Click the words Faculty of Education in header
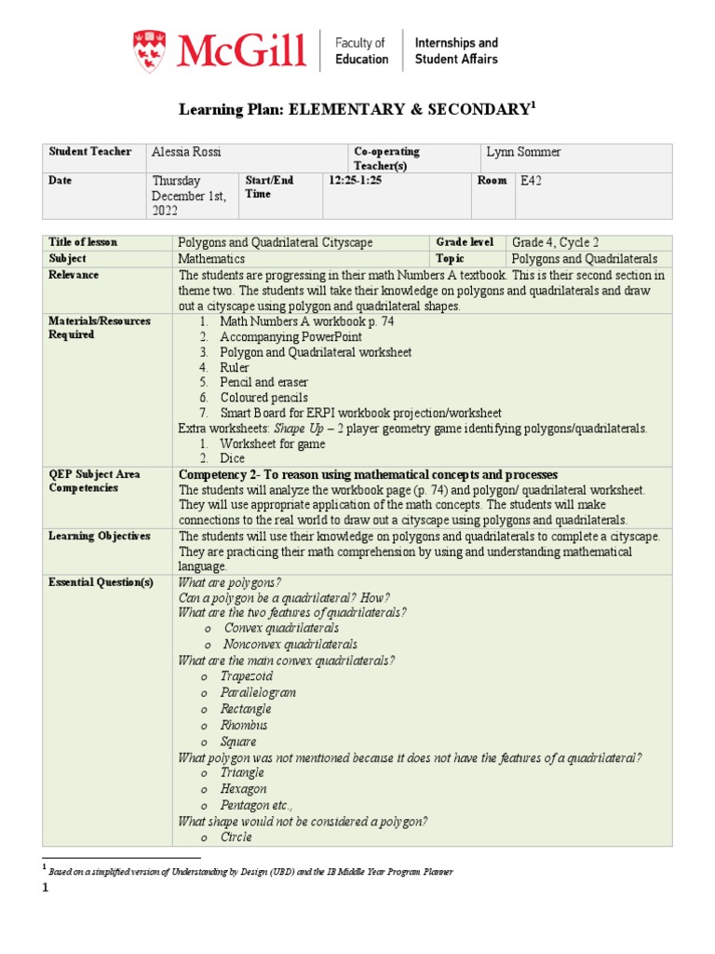point(360,50)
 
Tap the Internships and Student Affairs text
point(455,50)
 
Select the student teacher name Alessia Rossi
point(190,152)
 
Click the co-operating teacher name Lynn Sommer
point(524,152)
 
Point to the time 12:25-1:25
point(355,181)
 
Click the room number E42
point(532,181)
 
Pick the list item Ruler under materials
point(235,368)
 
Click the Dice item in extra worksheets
point(234,458)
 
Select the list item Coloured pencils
point(263,398)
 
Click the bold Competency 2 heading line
point(368,474)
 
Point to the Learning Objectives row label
point(100,537)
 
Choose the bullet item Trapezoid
point(247,676)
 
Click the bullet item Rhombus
point(244,725)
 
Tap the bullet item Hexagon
point(244,789)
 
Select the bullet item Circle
point(237,837)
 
